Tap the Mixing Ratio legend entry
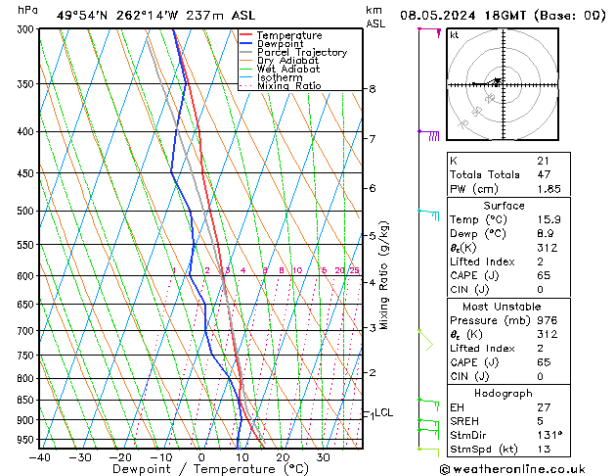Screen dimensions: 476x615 288,86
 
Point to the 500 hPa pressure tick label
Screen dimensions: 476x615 24,211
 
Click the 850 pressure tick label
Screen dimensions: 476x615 24,401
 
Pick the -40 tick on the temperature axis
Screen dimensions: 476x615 40,457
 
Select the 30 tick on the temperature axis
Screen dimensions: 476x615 323,457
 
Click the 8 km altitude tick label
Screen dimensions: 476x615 373,89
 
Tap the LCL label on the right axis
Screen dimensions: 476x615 384,412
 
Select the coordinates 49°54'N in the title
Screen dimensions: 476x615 84,16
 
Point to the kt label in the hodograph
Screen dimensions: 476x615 455,34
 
